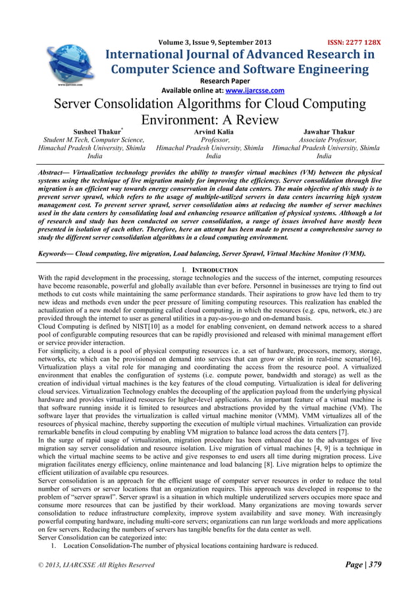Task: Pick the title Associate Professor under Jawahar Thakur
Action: tap(325, 140)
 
